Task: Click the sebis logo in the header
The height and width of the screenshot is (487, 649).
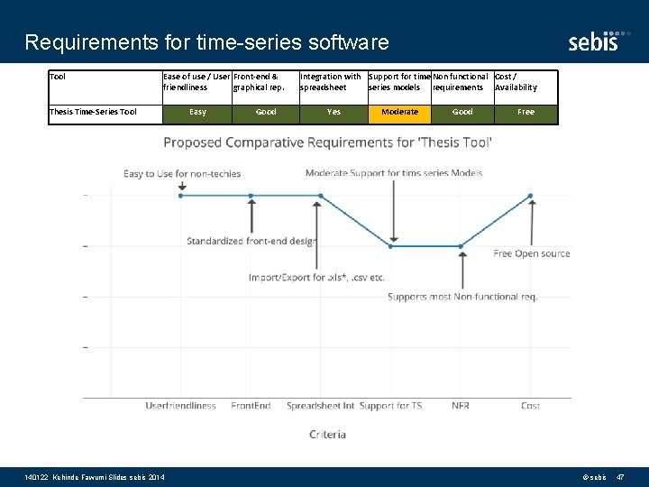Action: click(x=593, y=40)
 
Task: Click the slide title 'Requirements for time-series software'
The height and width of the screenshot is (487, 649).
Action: click(x=206, y=42)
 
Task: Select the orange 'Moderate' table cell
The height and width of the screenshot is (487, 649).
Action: click(x=399, y=113)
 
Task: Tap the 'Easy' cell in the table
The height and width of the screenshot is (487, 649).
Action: click(x=197, y=113)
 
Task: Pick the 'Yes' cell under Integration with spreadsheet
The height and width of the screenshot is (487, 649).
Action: click(x=334, y=113)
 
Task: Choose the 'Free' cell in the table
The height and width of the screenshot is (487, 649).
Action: click(x=526, y=113)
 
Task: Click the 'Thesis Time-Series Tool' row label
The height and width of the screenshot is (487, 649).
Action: click(x=94, y=113)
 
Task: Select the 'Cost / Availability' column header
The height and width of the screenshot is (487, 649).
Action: click(x=525, y=82)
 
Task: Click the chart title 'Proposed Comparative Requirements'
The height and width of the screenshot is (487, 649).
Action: click(x=327, y=142)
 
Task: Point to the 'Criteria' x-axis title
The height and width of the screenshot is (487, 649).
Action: click(x=327, y=435)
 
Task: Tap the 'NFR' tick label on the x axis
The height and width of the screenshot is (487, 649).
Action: click(x=461, y=406)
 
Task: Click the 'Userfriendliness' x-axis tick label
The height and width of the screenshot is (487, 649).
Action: click(x=181, y=406)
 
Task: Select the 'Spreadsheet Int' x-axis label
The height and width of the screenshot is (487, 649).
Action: click(x=320, y=406)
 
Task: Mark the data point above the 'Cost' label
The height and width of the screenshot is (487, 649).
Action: click(x=530, y=195)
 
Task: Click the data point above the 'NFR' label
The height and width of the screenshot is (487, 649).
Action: click(x=461, y=245)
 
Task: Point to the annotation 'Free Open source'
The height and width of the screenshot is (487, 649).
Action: click(x=532, y=254)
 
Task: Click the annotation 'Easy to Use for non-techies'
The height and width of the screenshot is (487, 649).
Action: click(x=182, y=174)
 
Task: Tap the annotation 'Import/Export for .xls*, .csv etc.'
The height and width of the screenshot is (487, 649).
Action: click(x=316, y=278)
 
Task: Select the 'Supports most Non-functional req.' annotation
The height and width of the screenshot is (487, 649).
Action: click(x=462, y=297)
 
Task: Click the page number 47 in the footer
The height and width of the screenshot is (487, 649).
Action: click(x=619, y=476)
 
